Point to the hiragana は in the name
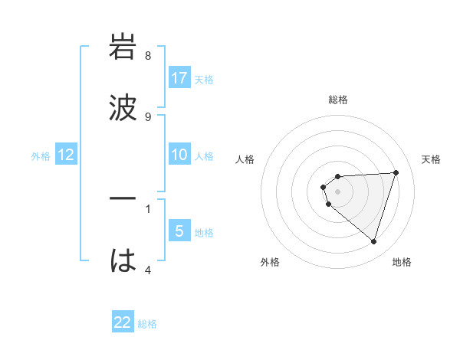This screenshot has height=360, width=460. (123, 261)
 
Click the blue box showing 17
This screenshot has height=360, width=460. (179, 78)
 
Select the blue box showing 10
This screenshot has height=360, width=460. (179, 155)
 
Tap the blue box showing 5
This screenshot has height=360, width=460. (179, 231)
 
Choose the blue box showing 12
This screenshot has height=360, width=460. (66, 155)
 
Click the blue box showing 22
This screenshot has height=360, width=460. (123, 322)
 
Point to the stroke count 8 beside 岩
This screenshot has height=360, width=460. (148, 56)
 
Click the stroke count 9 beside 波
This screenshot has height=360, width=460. (148, 116)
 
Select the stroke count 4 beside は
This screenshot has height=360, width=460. (148, 270)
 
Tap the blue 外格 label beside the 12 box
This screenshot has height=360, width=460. (41, 155)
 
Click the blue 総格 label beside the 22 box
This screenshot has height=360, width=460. (147, 323)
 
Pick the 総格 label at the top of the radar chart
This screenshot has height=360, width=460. (338, 100)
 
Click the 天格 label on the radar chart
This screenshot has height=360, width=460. (431, 159)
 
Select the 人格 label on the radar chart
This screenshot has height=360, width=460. (245, 159)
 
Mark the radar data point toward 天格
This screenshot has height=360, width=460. (396, 172)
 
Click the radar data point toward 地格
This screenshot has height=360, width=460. (373, 241)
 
